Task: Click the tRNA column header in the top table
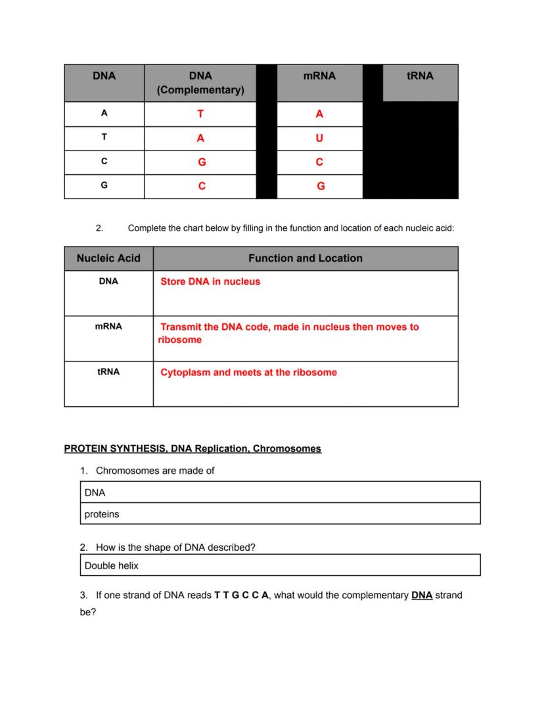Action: tap(420, 76)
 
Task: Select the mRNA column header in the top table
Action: tap(319, 76)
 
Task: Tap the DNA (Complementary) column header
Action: tap(200, 83)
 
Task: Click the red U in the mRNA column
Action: tap(319, 139)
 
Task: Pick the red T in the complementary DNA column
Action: tap(200, 114)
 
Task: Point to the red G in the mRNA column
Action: tap(321, 187)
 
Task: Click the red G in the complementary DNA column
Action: tap(201, 162)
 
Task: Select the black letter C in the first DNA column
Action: tap(104, 162)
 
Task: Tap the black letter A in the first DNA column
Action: tap(104, 113)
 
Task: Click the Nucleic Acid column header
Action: tap(108, 258)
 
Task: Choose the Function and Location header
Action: tap(305, 258)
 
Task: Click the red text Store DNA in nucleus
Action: tap(210, 281)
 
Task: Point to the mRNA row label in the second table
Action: tap(108, 326)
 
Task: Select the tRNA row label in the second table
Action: tap(108, 371)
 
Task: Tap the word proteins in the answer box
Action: tap(102, 514)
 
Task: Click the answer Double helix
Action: tap(112, 565)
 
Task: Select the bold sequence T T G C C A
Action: tap(241, 596)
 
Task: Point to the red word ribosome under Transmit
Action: tap(180, 340)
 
